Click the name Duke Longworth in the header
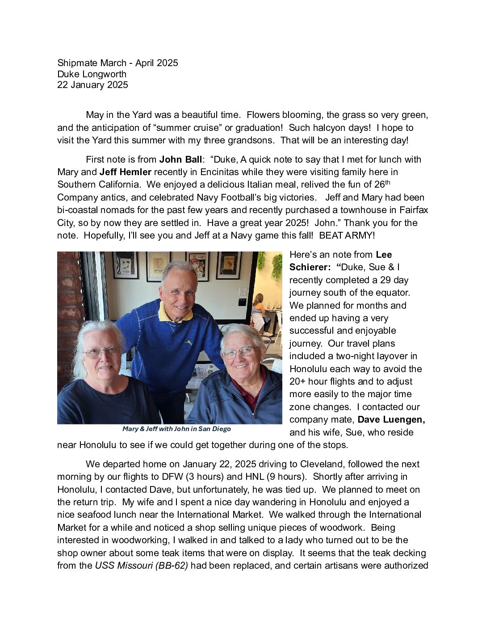92,74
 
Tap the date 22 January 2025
92,85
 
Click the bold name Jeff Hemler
125,172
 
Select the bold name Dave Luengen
390,419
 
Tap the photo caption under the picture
176,429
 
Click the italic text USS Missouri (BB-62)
141,566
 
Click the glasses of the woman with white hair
102,352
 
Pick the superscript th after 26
388,182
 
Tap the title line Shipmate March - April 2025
117,63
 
